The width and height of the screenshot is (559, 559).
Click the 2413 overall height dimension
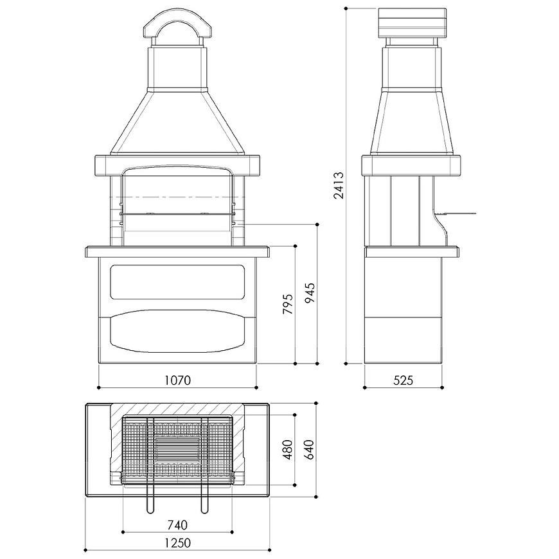339,185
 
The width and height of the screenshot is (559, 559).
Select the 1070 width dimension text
177,380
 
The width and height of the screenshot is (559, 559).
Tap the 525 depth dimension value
404,380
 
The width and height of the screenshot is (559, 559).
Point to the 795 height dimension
288,304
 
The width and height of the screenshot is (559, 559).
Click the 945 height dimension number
310,293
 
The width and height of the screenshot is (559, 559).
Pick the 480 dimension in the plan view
288,450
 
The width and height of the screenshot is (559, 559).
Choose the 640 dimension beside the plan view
310,450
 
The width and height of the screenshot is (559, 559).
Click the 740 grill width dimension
177,525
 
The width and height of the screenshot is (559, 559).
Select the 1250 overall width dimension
177,543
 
